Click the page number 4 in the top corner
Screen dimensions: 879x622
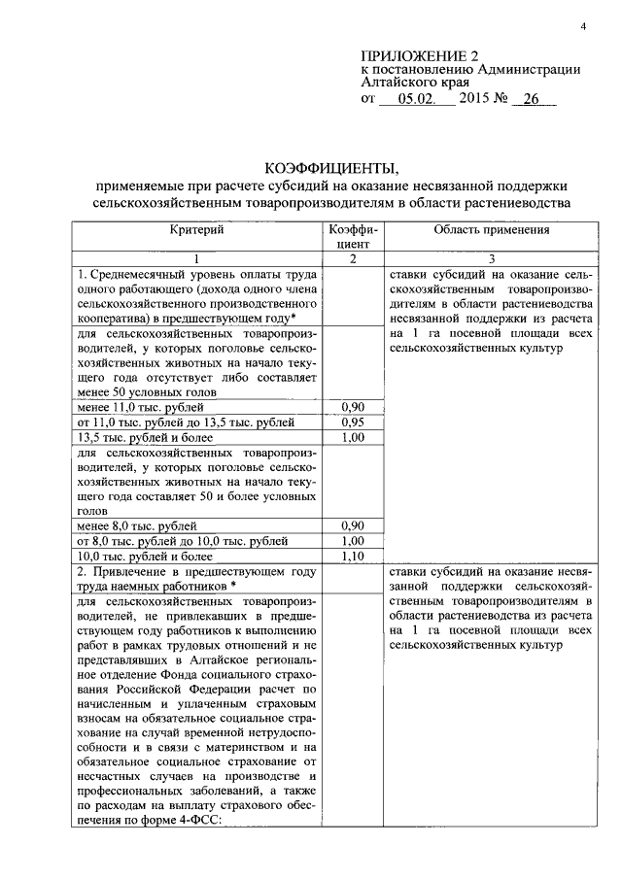coord(583,26)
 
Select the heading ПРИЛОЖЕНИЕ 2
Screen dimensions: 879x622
coord(420,55)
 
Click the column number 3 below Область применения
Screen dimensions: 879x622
coord(491,258)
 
